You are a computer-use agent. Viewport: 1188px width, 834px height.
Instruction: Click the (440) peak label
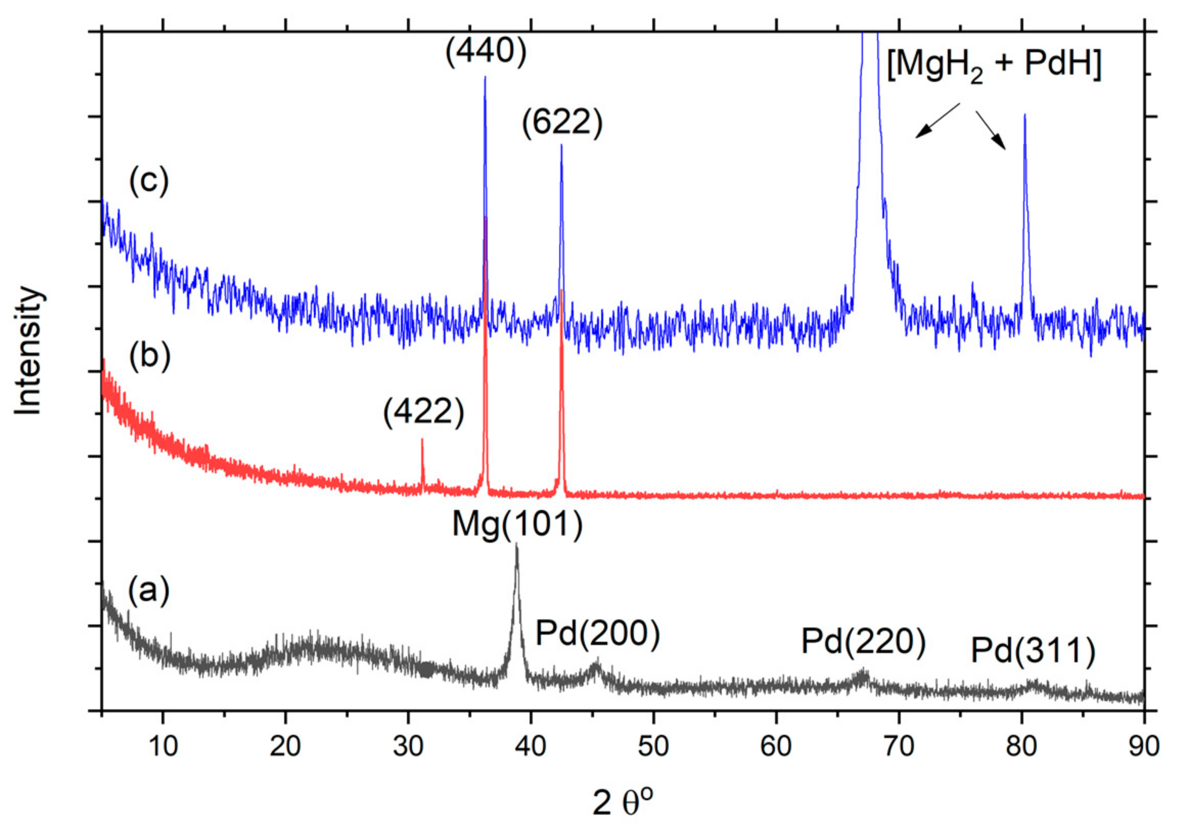(486, 52)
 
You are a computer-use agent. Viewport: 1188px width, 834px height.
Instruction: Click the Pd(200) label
(598, 633)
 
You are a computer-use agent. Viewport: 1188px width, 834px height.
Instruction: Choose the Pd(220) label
(863, 642)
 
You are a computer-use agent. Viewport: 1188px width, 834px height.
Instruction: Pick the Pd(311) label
(1033, 651)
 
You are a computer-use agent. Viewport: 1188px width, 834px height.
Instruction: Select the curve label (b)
(150, 357)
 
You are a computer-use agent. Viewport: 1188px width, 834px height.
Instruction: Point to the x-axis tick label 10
(164, 746)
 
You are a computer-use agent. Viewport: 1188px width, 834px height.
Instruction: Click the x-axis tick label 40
(531, 746)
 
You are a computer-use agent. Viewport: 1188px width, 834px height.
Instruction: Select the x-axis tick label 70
(899, 746)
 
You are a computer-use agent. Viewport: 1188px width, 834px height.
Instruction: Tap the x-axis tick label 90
(1144, 746)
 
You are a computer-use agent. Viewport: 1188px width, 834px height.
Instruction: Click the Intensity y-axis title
(28, 350)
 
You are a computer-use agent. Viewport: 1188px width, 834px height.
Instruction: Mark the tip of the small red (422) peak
(422, 439)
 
